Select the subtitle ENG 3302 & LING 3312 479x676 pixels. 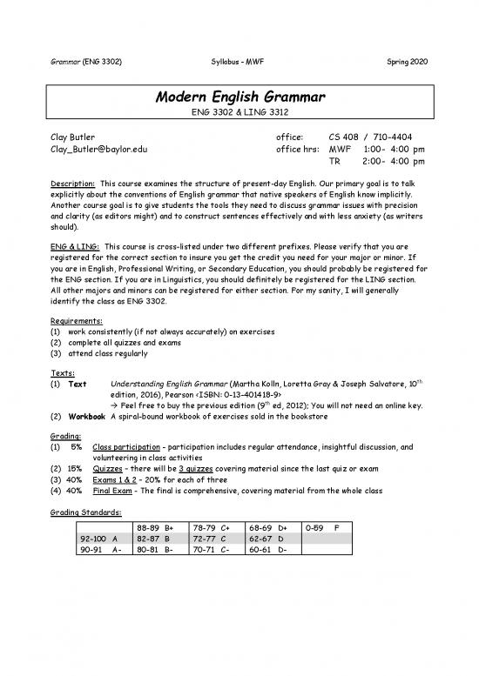coord(239,112)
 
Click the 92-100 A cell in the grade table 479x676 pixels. coord(97,539)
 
